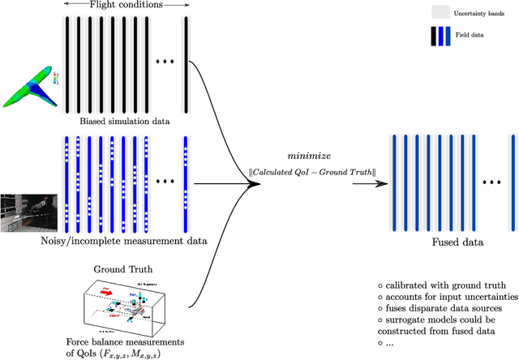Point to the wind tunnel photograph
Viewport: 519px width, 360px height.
(26, 212)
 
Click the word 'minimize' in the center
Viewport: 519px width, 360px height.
(306, 153)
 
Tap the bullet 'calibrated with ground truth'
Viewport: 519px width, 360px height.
(442, 285)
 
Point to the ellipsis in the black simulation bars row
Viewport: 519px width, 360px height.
(167, 62)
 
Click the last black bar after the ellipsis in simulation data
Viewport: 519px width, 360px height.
(186, 62)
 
